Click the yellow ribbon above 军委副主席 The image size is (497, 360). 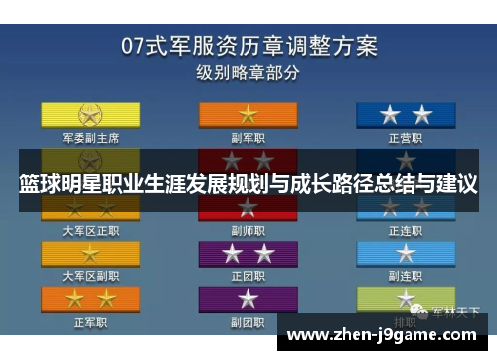pyautogui.click(x=90, y=114)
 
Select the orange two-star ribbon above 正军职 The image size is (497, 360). pyautogui.click(x=90, y=298)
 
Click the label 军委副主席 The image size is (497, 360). pyautogui.click(x=90, y=138)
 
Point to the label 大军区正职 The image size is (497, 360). pyautogui.click(x=90, y=230)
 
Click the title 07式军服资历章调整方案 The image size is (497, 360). pyautogui.click(x=248, y=45)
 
